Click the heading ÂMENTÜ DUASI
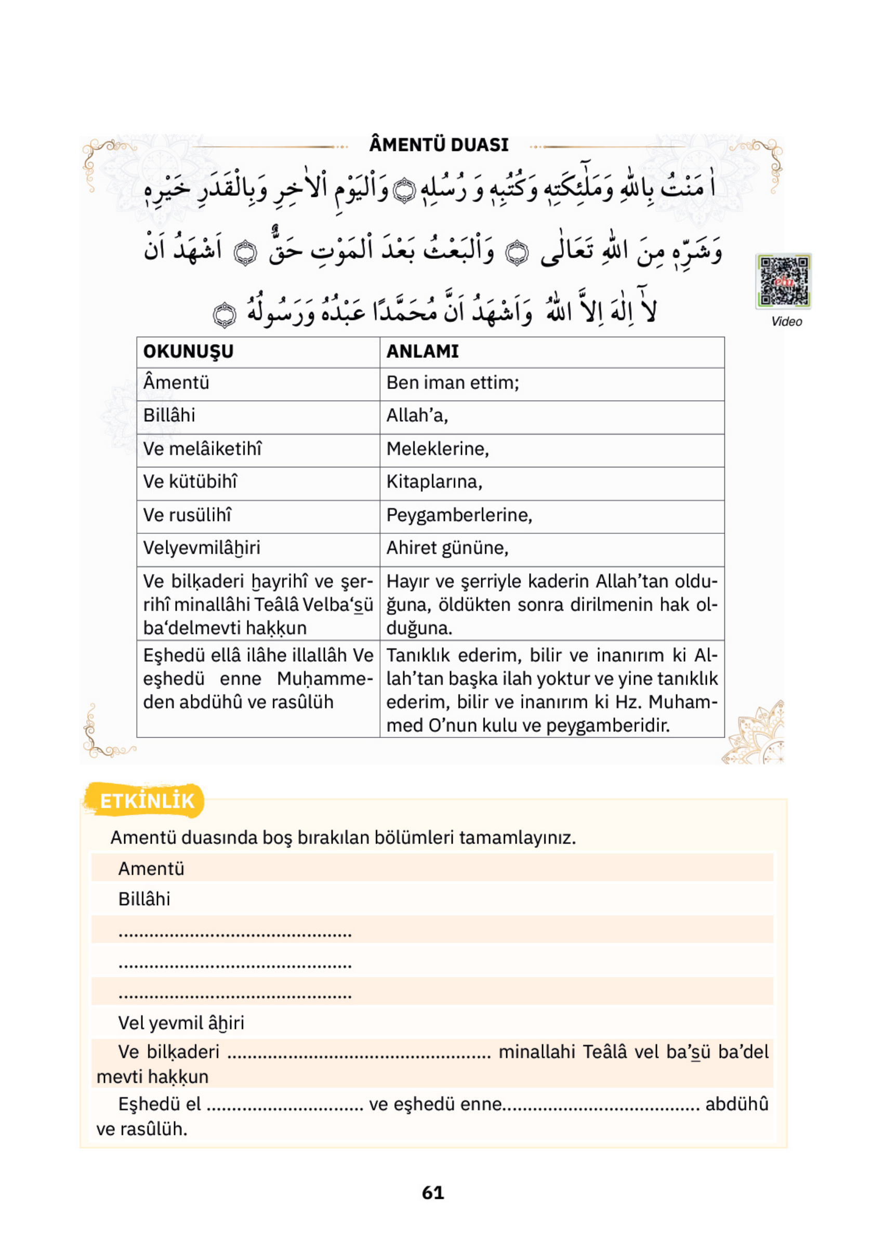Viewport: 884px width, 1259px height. pos(439,145)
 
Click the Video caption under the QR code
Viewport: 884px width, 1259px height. pos(786,322)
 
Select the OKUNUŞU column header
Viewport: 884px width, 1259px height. pos(188,352)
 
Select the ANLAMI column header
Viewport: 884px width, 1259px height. pos(422,352)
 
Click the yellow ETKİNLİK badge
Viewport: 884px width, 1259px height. pos(146,801)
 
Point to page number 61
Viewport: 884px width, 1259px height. pos(433,1192)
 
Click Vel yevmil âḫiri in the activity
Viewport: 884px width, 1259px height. pos(181,1023)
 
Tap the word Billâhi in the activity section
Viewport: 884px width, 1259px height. pos(144,899)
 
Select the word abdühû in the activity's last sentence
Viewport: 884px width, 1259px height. pos(736,1104)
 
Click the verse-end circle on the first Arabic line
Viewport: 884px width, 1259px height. pos(405,190)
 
